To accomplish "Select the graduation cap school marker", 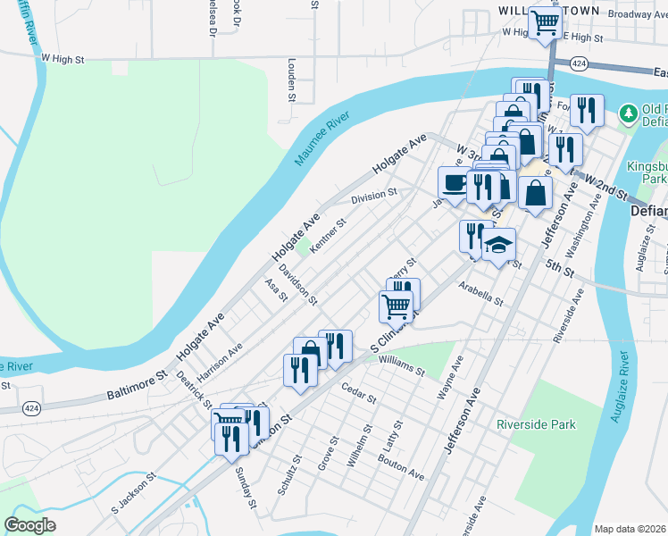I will pos(499,244).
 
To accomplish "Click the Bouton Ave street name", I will pos(400,468).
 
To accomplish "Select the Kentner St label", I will pos(328,235).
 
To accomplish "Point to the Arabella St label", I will pos(481,294).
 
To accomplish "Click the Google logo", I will pos(29,525).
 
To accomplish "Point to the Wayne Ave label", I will pos(452,377).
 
